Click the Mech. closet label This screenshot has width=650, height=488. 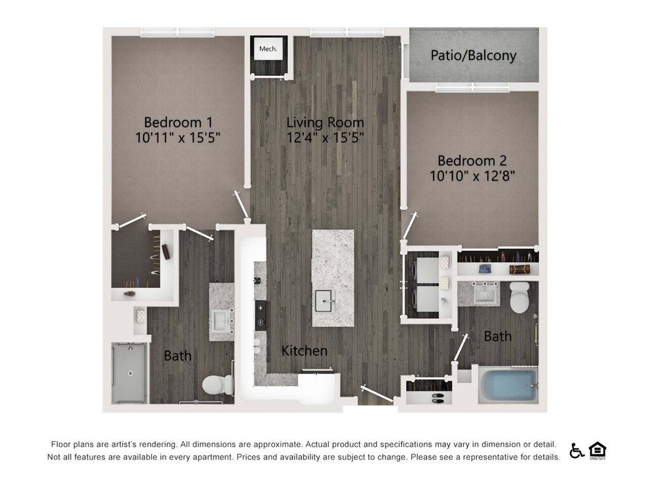tap(268, 49)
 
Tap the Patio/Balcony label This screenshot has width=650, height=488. tap(473, 55)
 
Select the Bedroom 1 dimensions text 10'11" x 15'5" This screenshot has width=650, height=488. tap(178, 137)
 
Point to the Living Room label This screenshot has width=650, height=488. tap(325, 122)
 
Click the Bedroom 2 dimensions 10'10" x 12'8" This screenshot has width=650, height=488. tap(472, 176)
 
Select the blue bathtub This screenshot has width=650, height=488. tap(508, 385)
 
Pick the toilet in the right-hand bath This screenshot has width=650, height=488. tap(519, 297)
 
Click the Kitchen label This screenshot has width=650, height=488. tap(304, 350)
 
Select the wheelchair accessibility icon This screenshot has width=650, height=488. tap(576, 450)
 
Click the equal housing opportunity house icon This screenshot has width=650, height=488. tap(598, 450)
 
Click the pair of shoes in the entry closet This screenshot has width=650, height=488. tap(436, 397)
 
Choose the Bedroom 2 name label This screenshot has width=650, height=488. tap(472, 161)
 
